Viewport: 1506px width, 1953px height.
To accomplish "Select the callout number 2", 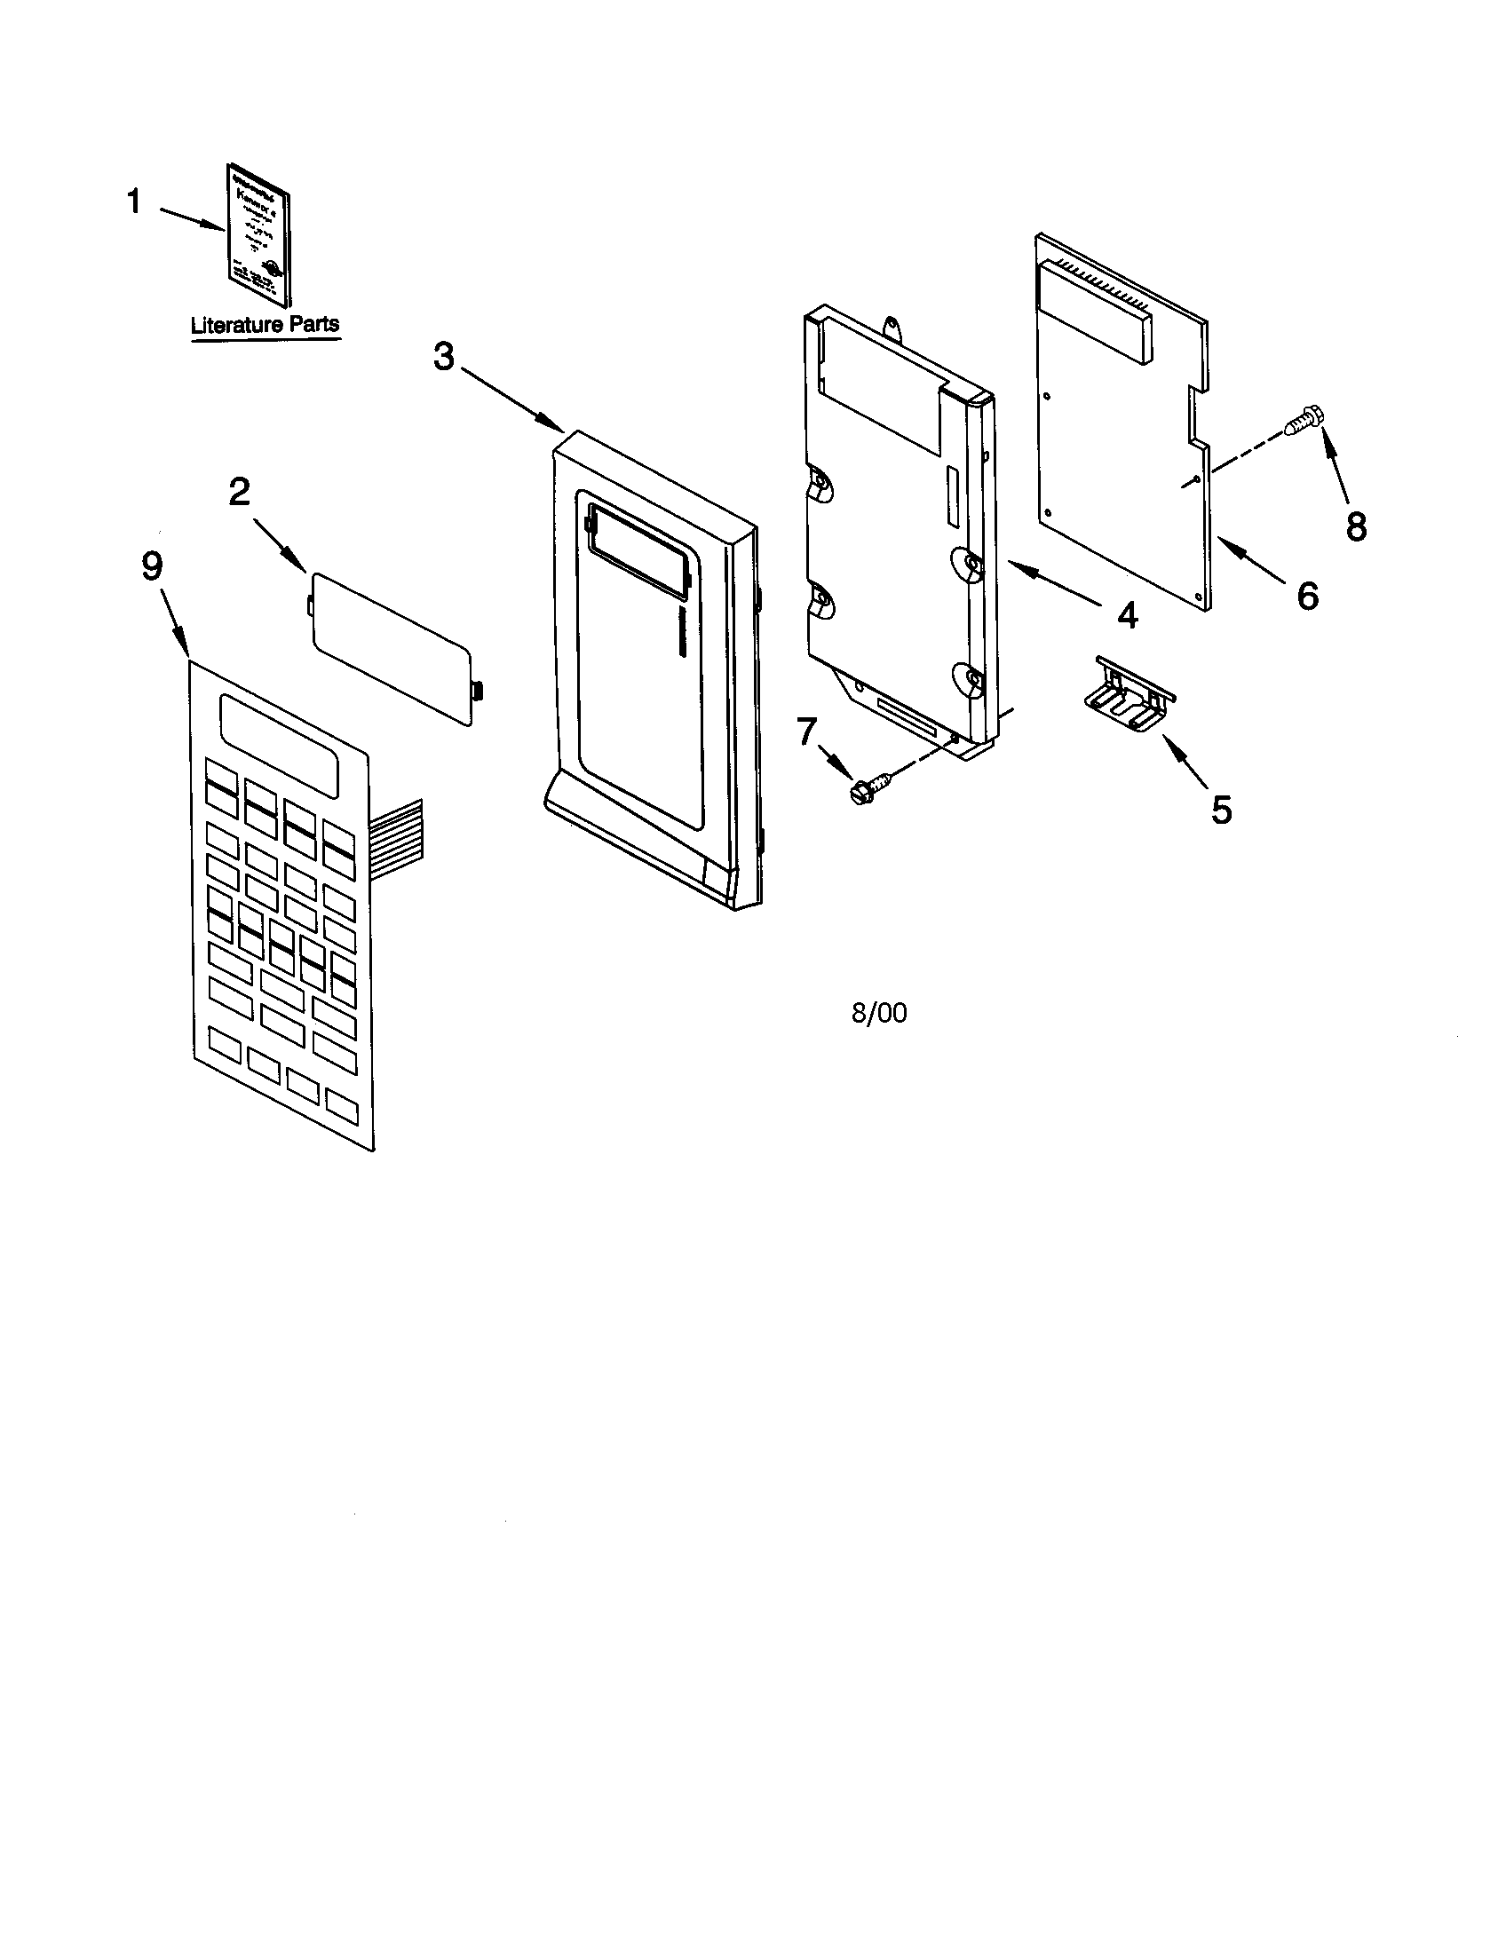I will click(x=240, y=492).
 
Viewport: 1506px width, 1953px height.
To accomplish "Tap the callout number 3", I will click(x=444, y=358).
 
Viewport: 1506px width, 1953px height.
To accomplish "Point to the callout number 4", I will click(x=1127, y=614).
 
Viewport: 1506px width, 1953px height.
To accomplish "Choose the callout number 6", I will click(x=1307, y=596).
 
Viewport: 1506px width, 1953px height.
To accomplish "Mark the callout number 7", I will click(x=806, y=731).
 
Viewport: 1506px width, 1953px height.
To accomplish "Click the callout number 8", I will click(x=1356, y=526).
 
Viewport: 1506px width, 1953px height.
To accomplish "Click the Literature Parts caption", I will click(x=266, y=325).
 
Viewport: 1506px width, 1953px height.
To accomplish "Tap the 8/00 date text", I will click(x=879, y=1013).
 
